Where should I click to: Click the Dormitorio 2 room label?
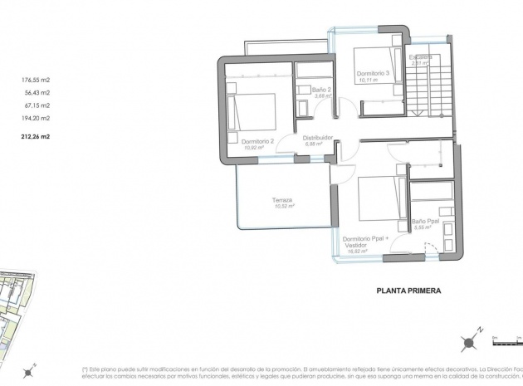[x=257, y=142]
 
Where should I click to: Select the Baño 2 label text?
[x=321, y=89]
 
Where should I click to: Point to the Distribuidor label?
[x=317, y=138]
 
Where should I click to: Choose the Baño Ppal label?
[x=426, y=222]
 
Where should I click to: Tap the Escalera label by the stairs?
[x=419, y=56]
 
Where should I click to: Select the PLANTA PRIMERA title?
[x=408, y=291]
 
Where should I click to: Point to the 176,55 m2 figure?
[x=36, y=81]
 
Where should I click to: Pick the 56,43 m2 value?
[x=37, y=93]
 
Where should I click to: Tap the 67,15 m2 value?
[x=37, y=105]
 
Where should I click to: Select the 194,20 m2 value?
[x=36, y=119]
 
